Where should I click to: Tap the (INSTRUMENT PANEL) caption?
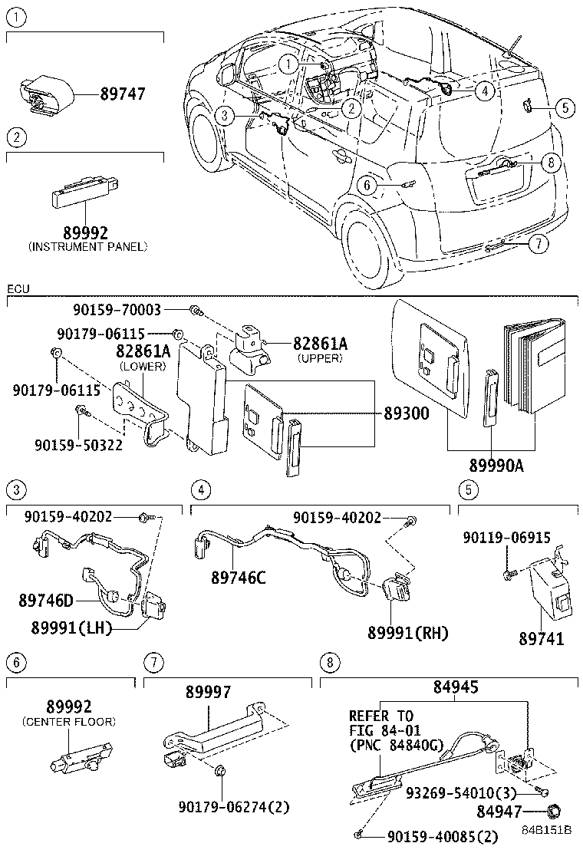pyautogui.click(x=87, y=246)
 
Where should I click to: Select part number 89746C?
pyautogui.click(x=239, y=577)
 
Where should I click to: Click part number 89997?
pyautogui.click(x=208, y=693)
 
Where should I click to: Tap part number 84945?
pyautogui.click(x=455, y=688)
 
